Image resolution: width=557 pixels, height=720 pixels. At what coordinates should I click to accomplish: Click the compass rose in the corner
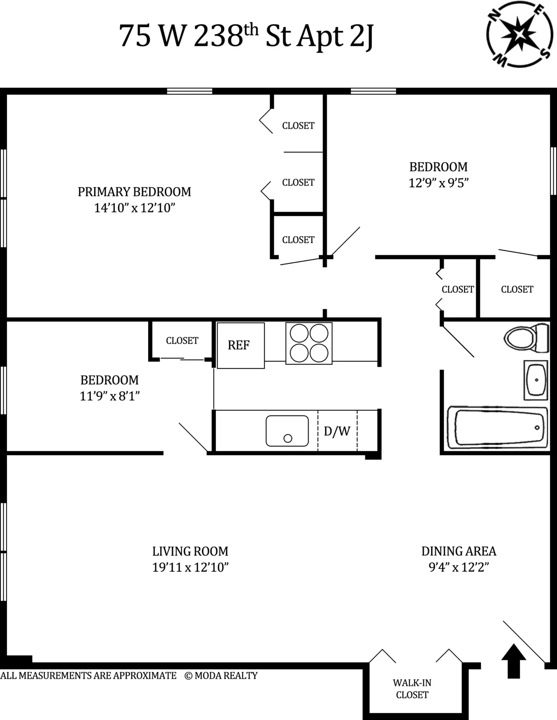(x=520, y=33)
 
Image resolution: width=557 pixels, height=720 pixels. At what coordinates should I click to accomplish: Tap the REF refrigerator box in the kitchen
(x=240, y=345)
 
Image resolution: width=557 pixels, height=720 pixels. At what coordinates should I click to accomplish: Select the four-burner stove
(x=309, y=343)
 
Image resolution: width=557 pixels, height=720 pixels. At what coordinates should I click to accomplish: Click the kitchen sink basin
(x=287, y=431)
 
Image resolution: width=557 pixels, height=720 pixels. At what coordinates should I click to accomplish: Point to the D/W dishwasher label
(x=337, y=431)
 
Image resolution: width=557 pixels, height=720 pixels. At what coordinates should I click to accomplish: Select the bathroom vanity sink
(x=536, y=379)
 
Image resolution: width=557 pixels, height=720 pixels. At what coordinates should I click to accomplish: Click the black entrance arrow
(x=514, y=661)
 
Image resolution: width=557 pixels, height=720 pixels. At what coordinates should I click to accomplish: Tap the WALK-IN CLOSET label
(x=412, y=688)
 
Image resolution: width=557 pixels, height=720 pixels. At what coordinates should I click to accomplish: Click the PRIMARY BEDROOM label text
(x=134, y=192)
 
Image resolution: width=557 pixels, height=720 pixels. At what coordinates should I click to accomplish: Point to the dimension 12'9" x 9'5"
(x=438, y=183)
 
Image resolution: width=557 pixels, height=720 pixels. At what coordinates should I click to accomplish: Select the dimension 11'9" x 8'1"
(x=110, y=396)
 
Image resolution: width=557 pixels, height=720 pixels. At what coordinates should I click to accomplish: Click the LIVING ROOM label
(x=190, y=551)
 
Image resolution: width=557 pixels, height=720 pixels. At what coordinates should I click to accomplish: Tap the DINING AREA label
(x=459, y=551)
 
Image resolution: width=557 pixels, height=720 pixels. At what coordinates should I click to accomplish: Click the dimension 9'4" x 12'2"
(x=459, y=567)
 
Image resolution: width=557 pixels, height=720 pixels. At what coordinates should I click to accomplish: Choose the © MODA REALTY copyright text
(x=221, y=675)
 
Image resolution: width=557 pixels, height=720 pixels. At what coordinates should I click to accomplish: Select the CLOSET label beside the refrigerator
(x=182, y=341)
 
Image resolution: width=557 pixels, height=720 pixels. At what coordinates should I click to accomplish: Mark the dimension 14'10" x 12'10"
(x=134, y=207)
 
